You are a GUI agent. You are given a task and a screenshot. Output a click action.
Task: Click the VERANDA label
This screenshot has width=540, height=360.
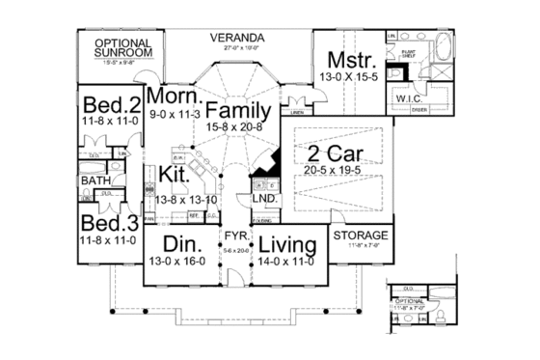pos(237,38)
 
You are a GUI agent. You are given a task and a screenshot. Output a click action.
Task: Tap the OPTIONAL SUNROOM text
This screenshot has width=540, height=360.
pos(121,48)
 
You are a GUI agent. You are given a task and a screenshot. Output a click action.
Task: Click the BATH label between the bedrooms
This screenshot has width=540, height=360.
pos(94,180)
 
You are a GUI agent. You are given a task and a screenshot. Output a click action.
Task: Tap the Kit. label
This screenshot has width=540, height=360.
pos(173,175)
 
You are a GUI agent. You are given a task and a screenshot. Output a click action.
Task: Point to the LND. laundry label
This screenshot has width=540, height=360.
pos(265,199)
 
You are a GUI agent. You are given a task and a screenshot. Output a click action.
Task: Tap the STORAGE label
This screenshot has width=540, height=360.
pos(362,235)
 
